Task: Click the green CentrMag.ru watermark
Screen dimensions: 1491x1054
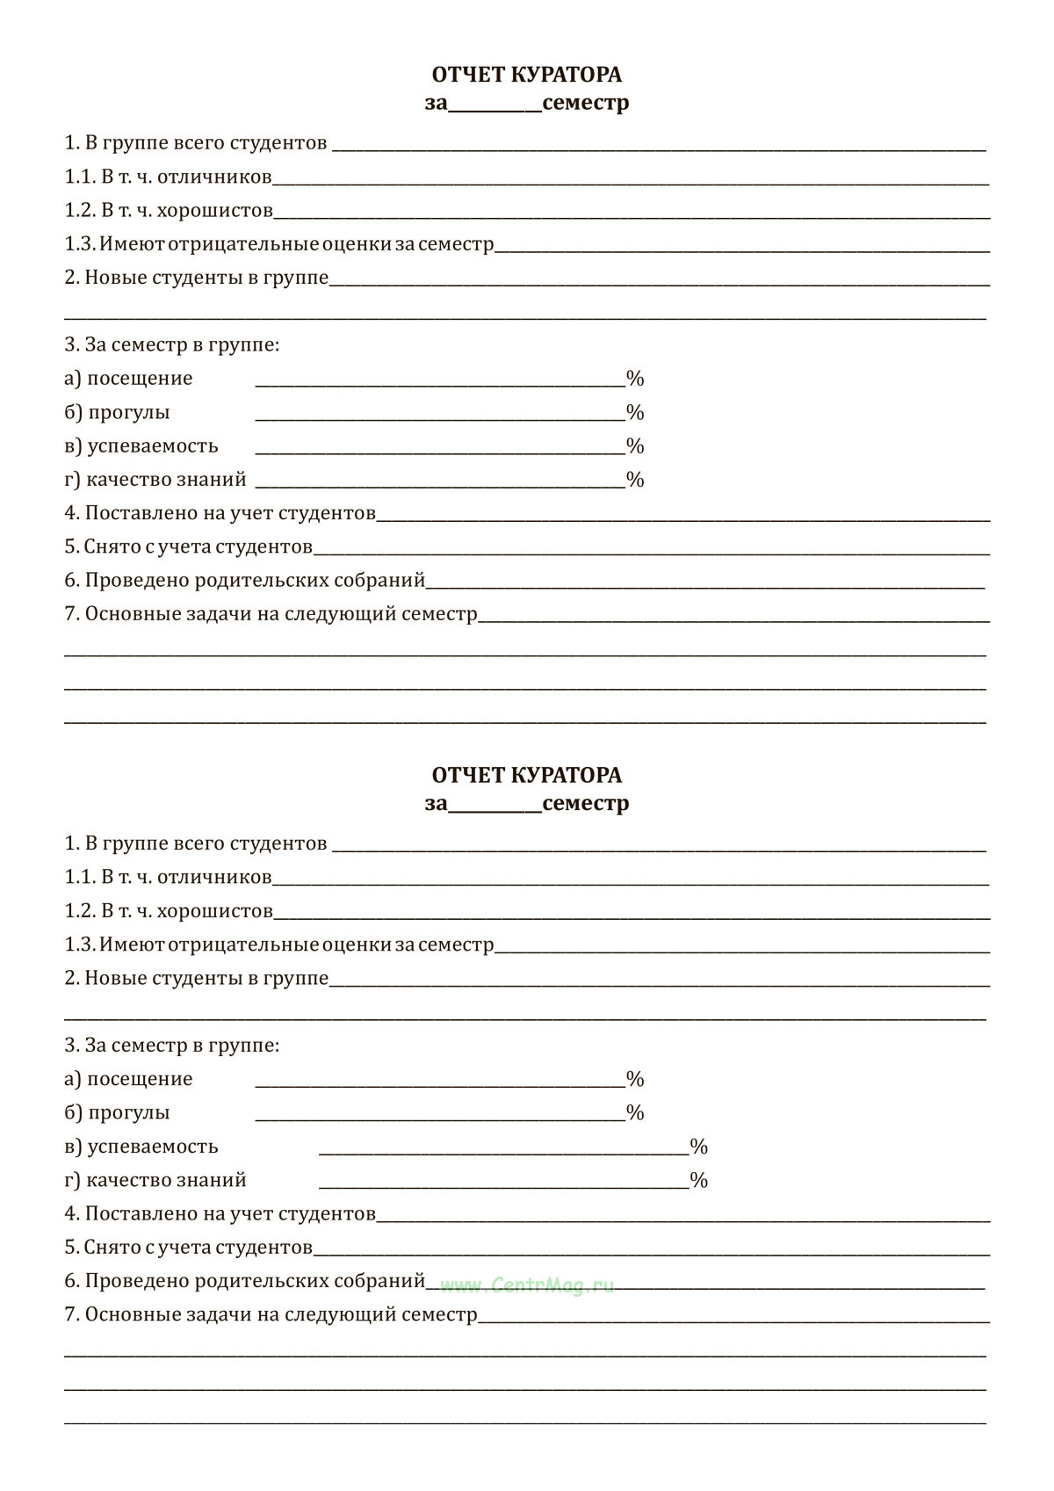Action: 527,1285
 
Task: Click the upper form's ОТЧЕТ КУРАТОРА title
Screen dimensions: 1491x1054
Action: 527,75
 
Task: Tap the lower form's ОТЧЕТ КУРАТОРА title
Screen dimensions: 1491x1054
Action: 527,775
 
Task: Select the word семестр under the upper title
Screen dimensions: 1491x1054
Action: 586,103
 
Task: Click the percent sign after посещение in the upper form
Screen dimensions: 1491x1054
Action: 635,379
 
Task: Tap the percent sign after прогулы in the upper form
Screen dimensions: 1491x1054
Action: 635,412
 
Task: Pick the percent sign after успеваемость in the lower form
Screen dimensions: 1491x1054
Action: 698,1147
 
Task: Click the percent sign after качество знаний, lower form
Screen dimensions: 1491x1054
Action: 698,1180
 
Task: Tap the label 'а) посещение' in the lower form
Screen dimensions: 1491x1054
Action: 128,1079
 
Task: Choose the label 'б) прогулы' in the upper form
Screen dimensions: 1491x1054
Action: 117,412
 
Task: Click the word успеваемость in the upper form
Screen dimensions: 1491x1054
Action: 153,445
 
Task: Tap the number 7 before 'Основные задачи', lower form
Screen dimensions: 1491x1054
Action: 70,1314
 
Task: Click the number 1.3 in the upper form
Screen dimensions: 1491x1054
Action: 78,243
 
